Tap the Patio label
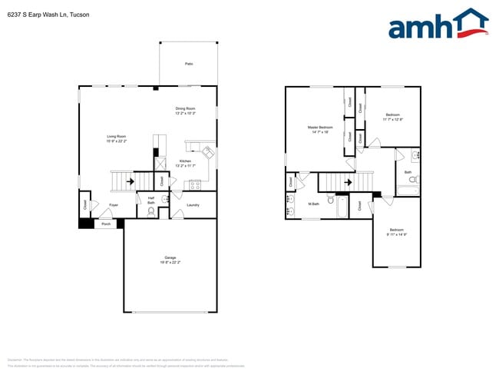click(x=189, y=64)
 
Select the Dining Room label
click(x=185, y=111)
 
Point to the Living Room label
click(x=116, y=139)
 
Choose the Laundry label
click(x=193, y=205)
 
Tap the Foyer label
click(x=113, y=205)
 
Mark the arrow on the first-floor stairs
click(x=128, y=182)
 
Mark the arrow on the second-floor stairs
click(x=348, y=182)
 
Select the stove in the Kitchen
click(x=194, y=184)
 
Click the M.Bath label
click(x=314, y=204)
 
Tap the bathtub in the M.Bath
click(x=342, y=207)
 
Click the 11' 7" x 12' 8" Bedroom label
click(x=393, y=117)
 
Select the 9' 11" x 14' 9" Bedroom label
click(x=396, y=232)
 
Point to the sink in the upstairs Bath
click(x=415, y=155)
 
